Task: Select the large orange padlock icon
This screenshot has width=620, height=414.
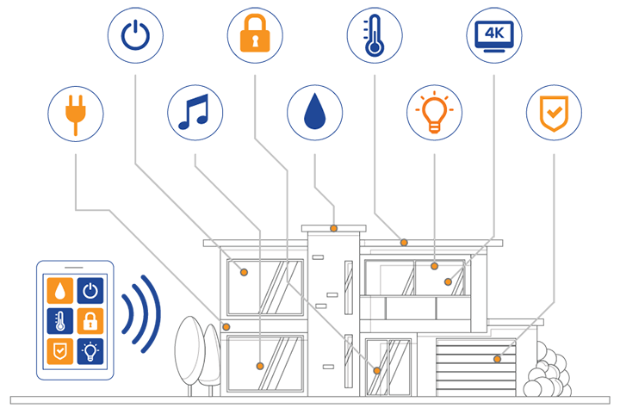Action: [x=254, y=35]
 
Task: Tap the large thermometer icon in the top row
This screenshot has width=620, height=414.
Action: [x=374, y=35]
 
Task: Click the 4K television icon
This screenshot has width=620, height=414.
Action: [x=493, y=35]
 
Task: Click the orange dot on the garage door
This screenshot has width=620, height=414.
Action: [x=497, y=359]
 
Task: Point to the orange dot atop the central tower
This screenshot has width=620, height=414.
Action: [x=333, y=228]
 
